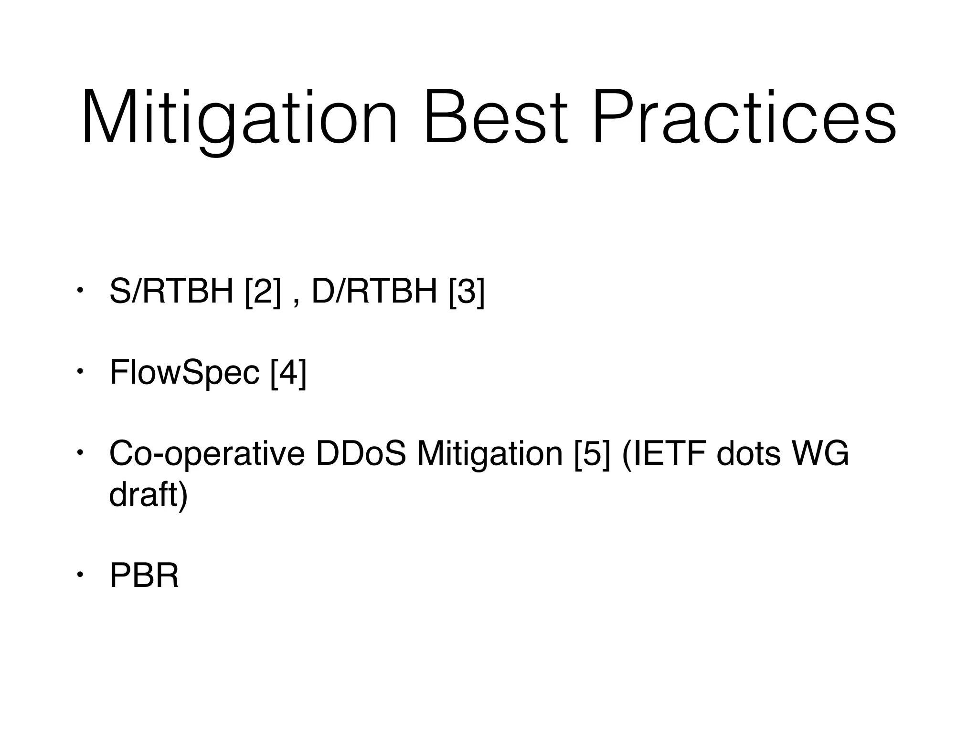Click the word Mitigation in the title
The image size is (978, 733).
pos(239,119)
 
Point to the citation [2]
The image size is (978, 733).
pos(262,292)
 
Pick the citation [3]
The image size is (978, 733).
pos(467,292)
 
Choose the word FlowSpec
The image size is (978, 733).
pos(184,373)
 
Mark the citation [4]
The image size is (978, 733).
pos(288,373)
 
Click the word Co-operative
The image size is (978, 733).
pos(207,454)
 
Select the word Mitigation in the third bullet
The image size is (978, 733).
pos(489,454)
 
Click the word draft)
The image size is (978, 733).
pos(149,495)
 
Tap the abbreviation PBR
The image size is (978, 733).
pos(144,576)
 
